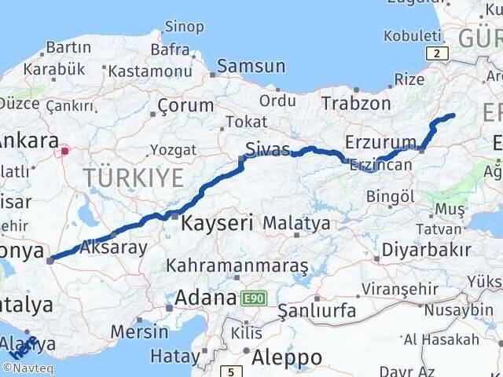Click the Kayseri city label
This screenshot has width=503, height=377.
tap(217, 222)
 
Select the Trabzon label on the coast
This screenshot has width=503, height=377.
tap(357, 103)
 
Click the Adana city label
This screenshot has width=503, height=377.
tap(206, 298)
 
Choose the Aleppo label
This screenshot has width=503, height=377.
tap(288, 357)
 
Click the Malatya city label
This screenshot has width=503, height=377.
tap(296, 224)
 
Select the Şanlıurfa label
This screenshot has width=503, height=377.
tap(317, 311)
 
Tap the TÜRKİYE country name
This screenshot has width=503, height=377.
tap(134, 176)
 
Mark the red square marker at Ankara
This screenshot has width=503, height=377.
tap(67, 150)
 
